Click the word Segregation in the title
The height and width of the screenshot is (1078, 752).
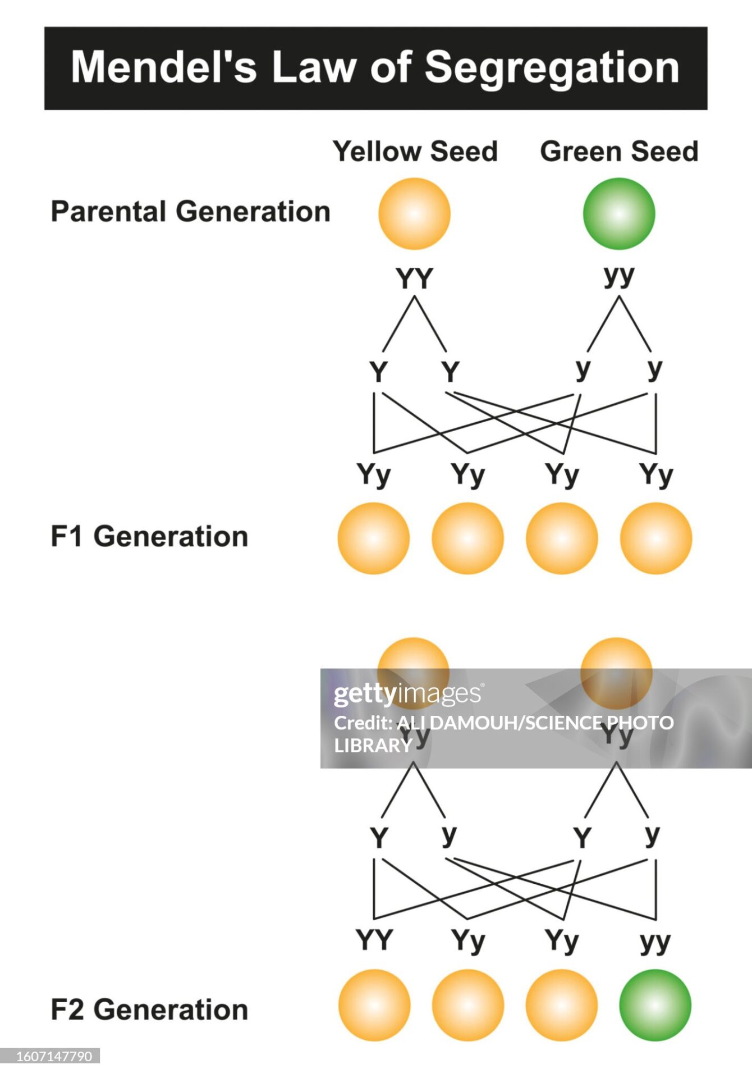[552, 68]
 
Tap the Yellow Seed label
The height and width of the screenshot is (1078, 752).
[415, 151]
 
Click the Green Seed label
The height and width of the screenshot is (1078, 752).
[619, 151]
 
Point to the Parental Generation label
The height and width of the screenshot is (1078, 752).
[190, 212]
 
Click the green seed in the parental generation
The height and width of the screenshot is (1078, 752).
[618, 213]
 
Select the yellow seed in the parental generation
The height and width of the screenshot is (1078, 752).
[414, 213]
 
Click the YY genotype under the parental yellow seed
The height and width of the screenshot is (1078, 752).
[414, 278]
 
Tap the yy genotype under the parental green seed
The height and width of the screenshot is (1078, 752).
[619, 276]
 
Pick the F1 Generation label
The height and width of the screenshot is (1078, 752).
[149, 536]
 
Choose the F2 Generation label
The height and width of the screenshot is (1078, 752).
[149, 1010]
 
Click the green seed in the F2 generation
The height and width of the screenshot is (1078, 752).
[655, 1005]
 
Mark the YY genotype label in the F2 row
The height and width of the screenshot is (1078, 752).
[374, 940]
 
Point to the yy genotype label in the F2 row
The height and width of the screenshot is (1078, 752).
[655, 942]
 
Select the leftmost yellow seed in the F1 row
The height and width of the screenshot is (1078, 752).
[373, 538]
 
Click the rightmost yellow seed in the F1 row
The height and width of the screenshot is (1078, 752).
[655, 538]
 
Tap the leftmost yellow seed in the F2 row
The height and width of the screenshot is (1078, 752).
[374, 1005]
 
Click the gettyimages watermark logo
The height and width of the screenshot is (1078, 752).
[407, 694]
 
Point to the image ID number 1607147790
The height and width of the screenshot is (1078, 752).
[54, 1056]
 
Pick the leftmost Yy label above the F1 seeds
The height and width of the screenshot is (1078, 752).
[373, 475]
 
